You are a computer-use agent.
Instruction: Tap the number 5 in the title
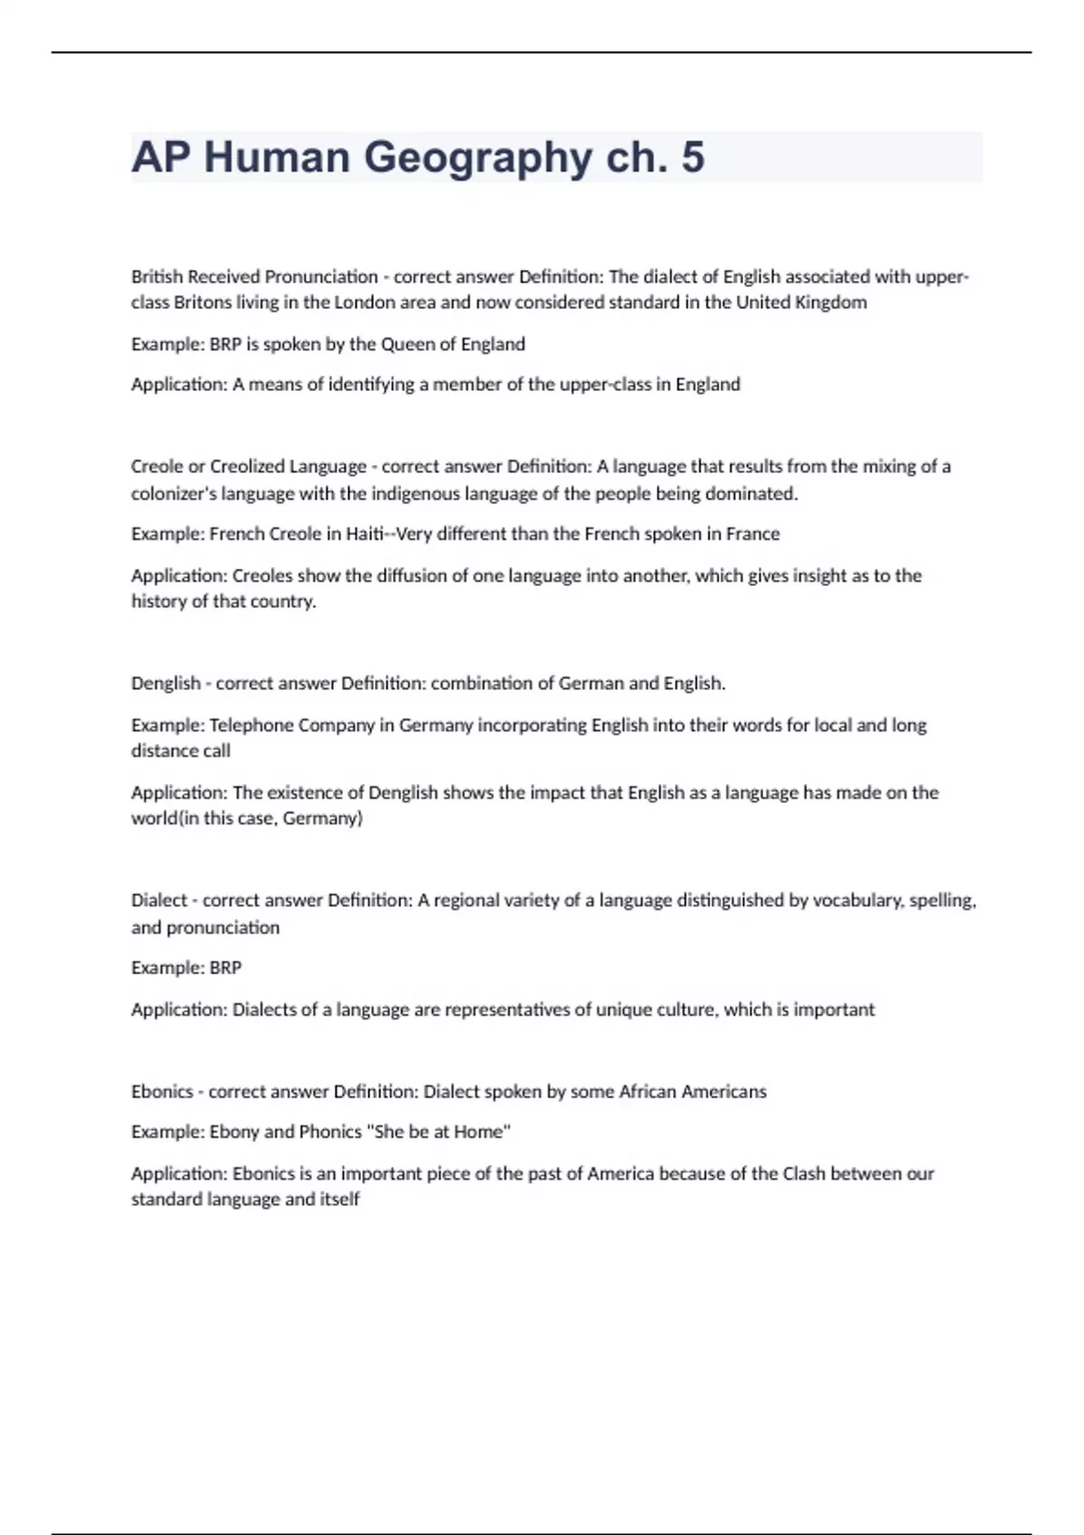point(693,157)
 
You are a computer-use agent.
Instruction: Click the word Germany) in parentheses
point(322,819)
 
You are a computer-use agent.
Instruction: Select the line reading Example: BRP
point(186,968)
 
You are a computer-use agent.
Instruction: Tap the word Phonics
point(330,1132)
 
